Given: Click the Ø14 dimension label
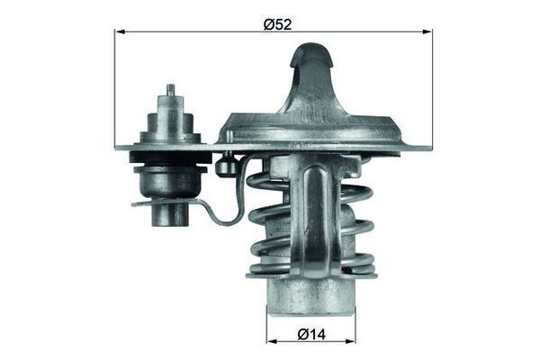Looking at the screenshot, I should (310, 334).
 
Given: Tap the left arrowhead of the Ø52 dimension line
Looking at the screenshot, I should (119, 31).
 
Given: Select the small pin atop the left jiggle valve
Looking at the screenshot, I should (170, 91).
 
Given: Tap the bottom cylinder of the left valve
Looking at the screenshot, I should (169, 214).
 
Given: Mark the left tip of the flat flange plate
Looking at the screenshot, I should (120, 145).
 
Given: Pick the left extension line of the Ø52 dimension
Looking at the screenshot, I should (115, 90).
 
